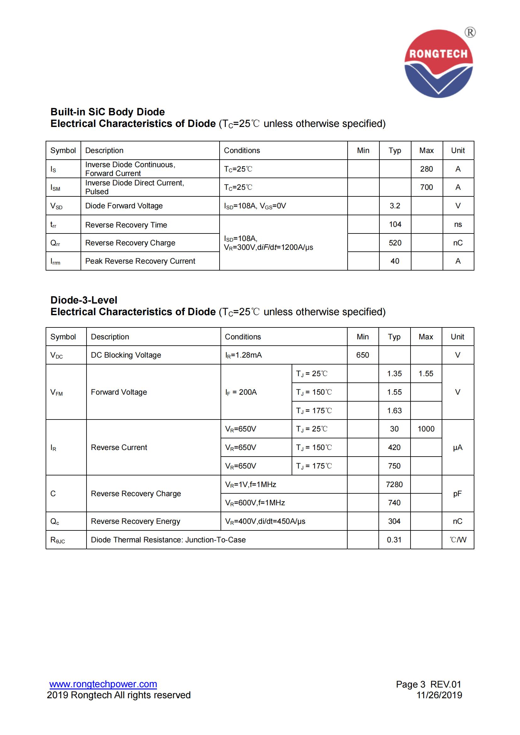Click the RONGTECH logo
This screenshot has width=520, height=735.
(x=438, y=63)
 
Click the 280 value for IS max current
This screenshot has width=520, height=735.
(x=427, y=169)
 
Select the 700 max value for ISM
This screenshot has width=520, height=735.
(x=427, y=187)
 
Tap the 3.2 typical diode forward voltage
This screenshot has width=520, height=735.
(x=395, y=206)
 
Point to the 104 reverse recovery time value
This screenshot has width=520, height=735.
(x=395, y=224)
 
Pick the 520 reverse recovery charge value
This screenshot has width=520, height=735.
(x=395, y=243)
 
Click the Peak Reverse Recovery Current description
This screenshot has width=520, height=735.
(x=140, y=261)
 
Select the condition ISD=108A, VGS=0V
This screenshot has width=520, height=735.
(x=255, y=206)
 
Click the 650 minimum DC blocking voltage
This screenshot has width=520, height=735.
(x=362, y=355)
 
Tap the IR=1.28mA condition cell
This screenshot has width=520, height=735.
(x=243, y=355)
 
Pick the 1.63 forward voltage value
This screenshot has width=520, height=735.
(x=394, y=410)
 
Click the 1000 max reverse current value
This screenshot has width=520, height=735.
(x=426, y=429)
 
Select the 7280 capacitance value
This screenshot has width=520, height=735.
(x=394, y=484)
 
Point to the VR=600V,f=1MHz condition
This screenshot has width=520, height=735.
(x=255, y=502)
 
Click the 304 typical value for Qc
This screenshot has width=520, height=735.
(x=394, y=521)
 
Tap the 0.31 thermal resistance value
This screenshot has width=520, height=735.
(x=394, y=540)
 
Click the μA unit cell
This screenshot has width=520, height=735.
(x=457, y=447)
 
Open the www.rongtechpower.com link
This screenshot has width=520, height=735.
(x=103, y=684)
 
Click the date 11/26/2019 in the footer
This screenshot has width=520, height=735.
(x=439, y=695)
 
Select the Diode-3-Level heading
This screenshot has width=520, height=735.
(x=84, y=300)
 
